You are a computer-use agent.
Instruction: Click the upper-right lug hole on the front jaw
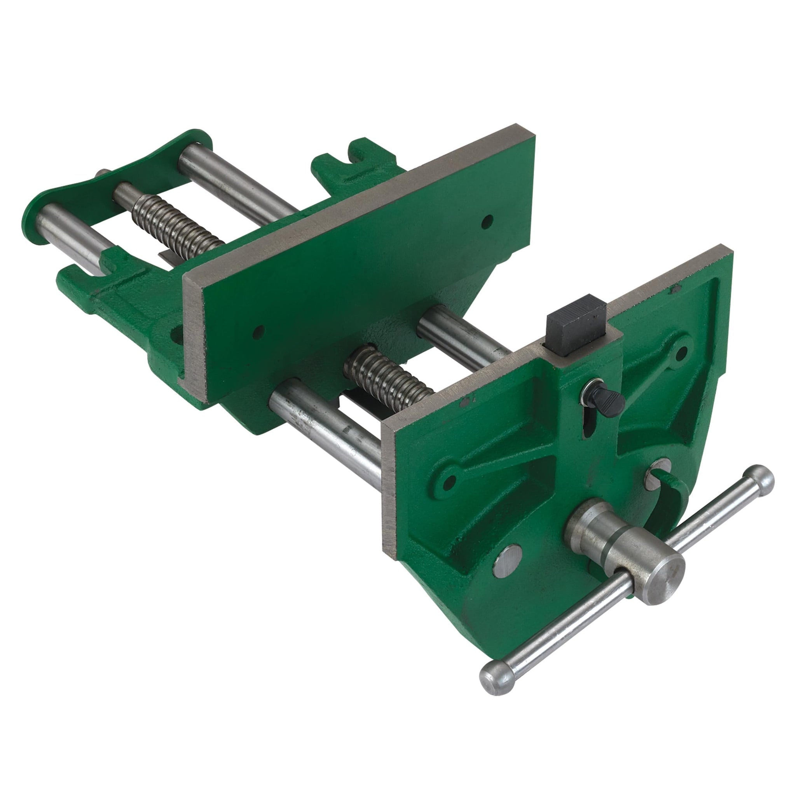[682, 352]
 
